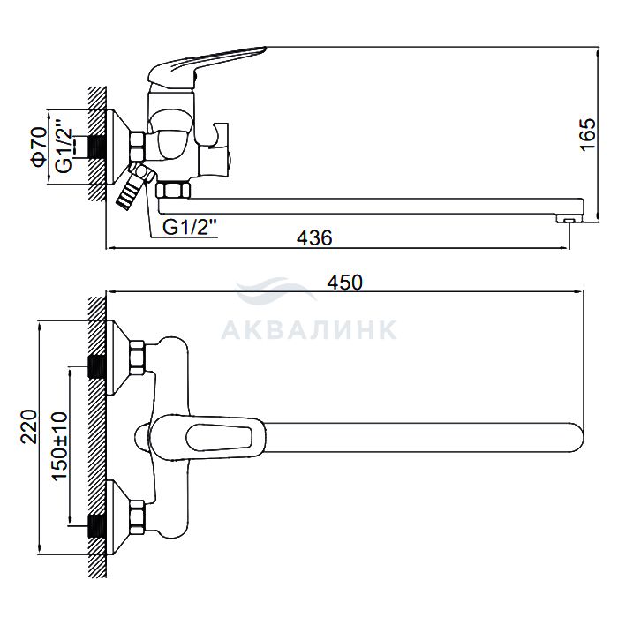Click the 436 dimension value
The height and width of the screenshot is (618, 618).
point(314,237)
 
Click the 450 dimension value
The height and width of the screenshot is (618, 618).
point(344,283)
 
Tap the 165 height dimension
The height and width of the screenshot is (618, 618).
point(588,134)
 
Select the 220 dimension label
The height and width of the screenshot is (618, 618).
point(29,426)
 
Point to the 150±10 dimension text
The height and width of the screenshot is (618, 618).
point(60,446)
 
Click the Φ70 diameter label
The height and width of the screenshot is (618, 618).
point(40,147)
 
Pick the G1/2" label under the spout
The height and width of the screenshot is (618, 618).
point(190,228)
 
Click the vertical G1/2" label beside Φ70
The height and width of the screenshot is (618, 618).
point(64,150)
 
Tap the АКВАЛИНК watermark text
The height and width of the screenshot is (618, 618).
point(309,329)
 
